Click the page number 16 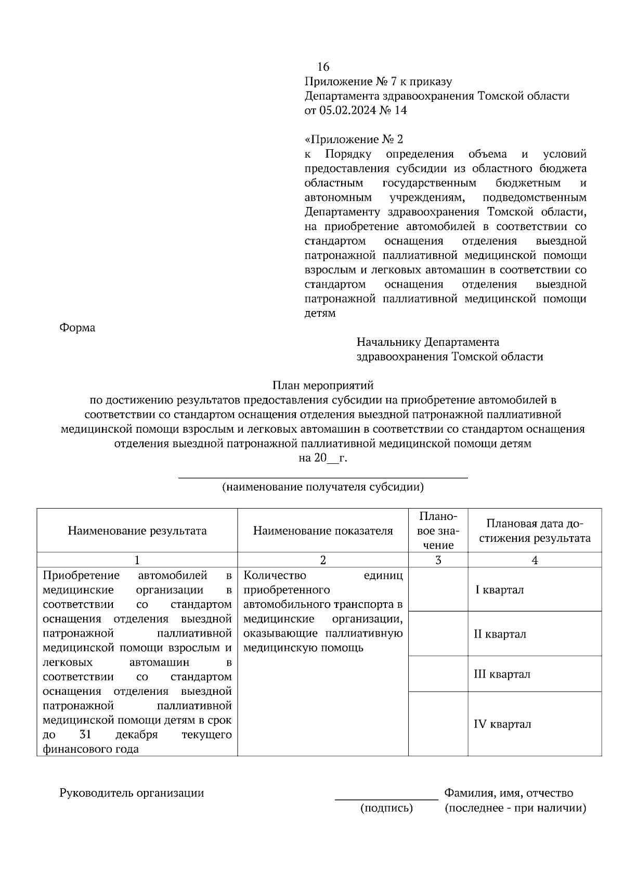(x=323, y=67)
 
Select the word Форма (x=77, y=328)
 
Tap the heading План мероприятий (x=323, y=386)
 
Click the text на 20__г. (x=322, y=458)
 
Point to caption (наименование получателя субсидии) (x=323, y=487)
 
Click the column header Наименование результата (x=137, y=531)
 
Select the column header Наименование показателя (x=323, y=531)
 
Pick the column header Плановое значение (x=438, y=531)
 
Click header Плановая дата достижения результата (x=535, y=531)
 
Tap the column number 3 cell (x=438, y=560)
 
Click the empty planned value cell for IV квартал (x=438, y=724)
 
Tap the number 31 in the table (x=86, y=735)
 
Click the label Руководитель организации (x=132, y=793)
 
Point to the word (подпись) (x=387, y=808)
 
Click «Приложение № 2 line (x=354, y=140)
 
